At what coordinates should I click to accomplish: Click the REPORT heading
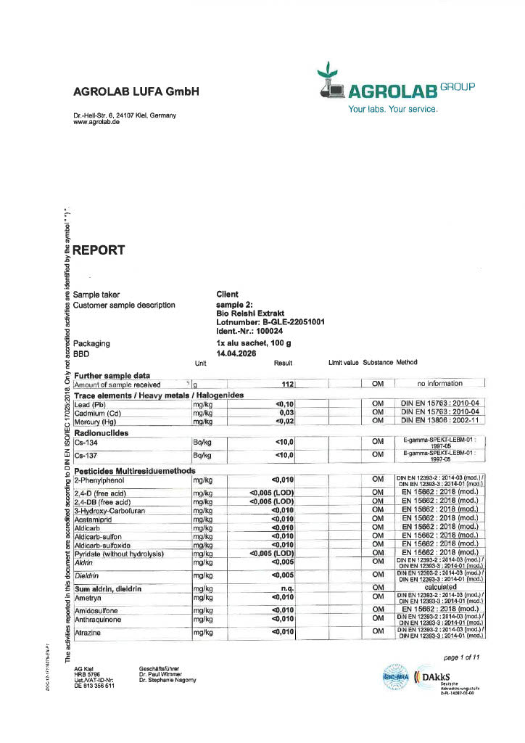click(99, 250)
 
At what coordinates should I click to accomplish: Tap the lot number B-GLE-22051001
click(270, 322)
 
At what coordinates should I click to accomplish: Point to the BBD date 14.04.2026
click(236, 353)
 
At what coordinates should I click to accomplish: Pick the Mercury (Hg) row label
click(96, 421)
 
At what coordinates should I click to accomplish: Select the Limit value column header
click(344, 362)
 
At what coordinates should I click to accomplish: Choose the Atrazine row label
click(88, 632)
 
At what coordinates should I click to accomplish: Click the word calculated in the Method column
click(440, 588)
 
